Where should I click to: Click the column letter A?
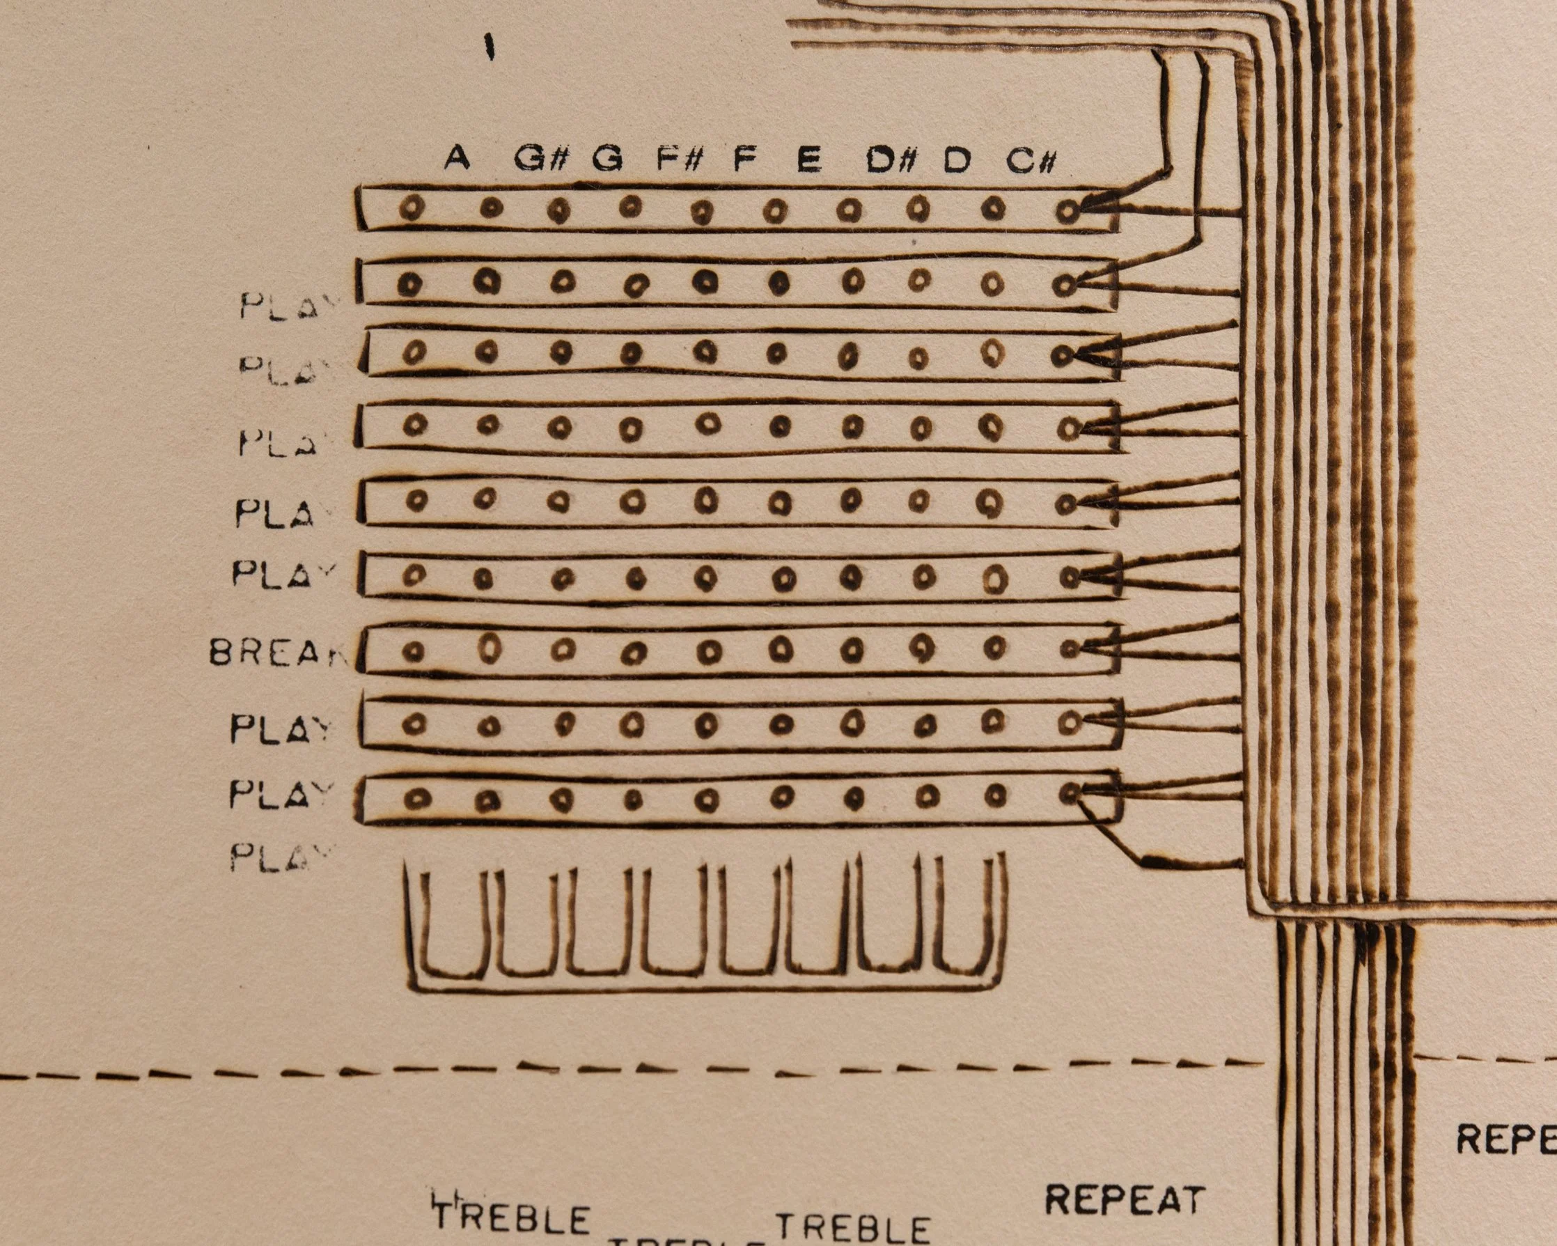455,157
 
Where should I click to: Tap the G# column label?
539,158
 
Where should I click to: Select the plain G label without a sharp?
607,158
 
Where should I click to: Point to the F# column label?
679,158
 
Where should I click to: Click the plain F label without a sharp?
744,158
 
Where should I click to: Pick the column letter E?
809,159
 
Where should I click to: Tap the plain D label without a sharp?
957,160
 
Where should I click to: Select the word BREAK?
277,653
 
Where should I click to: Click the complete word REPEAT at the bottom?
1125,1200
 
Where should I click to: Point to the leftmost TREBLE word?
511,1219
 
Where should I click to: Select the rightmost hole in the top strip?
1067,211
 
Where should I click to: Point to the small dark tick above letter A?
490,48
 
